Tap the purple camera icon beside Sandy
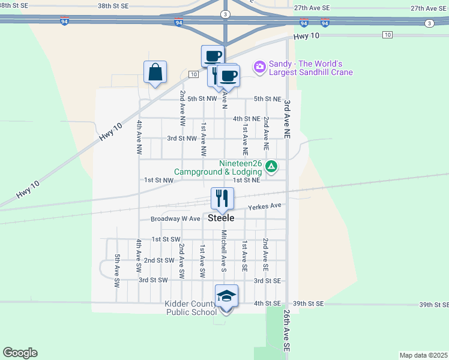(260, 67)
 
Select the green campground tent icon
(271, 166)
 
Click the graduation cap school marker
(226, 297)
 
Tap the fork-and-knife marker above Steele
(222, 199)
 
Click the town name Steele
(221, 218)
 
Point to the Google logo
(20, 353)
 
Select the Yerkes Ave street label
(265, 206)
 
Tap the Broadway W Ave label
(175, 219)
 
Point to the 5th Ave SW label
(118, 267)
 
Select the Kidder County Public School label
(191, 308)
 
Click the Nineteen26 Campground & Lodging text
(218, 167)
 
